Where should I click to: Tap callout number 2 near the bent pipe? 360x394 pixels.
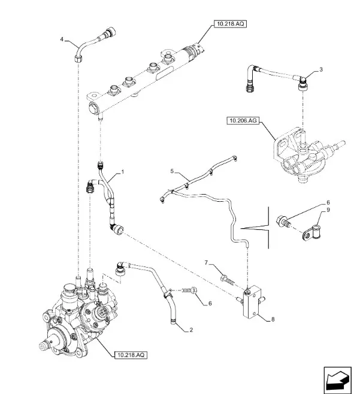[x=190, y=330]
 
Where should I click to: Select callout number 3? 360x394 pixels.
[x=321, y=70]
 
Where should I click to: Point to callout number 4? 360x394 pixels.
[x=62, y=40]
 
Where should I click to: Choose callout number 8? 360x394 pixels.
[x=273, y=320]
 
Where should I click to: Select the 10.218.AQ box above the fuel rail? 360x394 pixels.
[x=229, y=24]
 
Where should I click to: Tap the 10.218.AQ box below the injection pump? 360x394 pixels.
[x=128, y=355]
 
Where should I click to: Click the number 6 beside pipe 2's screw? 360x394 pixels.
[x=210, y=304]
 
